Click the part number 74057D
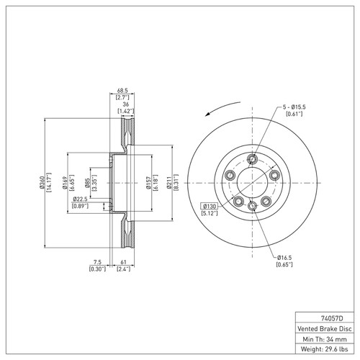click(x=322, y=316)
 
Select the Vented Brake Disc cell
click(x=322, y=328)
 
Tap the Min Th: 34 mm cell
click(x=322, y=339)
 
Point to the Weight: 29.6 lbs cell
click(x=322, y=351)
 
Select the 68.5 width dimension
click(x=122, y=91)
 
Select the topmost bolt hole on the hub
click(x=251, y=160)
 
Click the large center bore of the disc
click(x=252, y=183)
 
